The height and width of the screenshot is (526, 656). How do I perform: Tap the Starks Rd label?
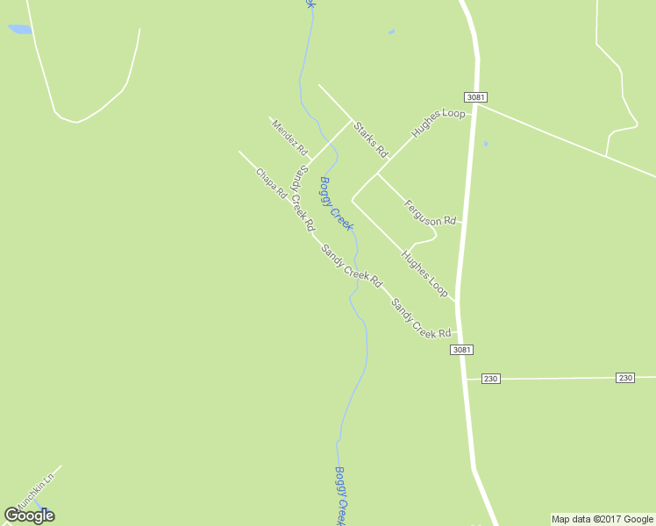[x=370, y=139]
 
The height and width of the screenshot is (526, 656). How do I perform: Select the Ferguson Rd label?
[x=431, y=212]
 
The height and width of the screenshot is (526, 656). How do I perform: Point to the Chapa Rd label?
[x=271, y=183]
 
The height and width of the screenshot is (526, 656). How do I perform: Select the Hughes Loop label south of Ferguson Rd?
[x=424, y=273]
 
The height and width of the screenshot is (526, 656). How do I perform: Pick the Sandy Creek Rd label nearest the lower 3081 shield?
[x=421, y=319]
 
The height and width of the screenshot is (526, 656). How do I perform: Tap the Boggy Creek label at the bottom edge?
[x=343, y=495]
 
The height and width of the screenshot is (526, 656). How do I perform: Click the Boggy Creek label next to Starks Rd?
[x=336, y=203]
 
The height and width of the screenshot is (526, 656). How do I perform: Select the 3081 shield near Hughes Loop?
[x=475, y=96]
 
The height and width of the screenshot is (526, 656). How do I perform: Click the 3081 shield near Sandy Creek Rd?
[x=462, y=349]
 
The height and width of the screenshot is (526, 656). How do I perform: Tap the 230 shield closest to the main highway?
[x=490, y=378]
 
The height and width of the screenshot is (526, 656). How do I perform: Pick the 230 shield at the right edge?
[x=624, y=377]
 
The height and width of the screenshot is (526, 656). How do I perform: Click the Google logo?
[x=29, y=515]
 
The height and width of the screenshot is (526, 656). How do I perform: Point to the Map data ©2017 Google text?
[x=602, y=519]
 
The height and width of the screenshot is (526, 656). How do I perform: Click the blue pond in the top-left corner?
[x=20, y=29]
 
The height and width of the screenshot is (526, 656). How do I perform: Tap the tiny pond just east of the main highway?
[x=485, y=143]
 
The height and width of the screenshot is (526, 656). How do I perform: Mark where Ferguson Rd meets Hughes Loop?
[x=377, y=174]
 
